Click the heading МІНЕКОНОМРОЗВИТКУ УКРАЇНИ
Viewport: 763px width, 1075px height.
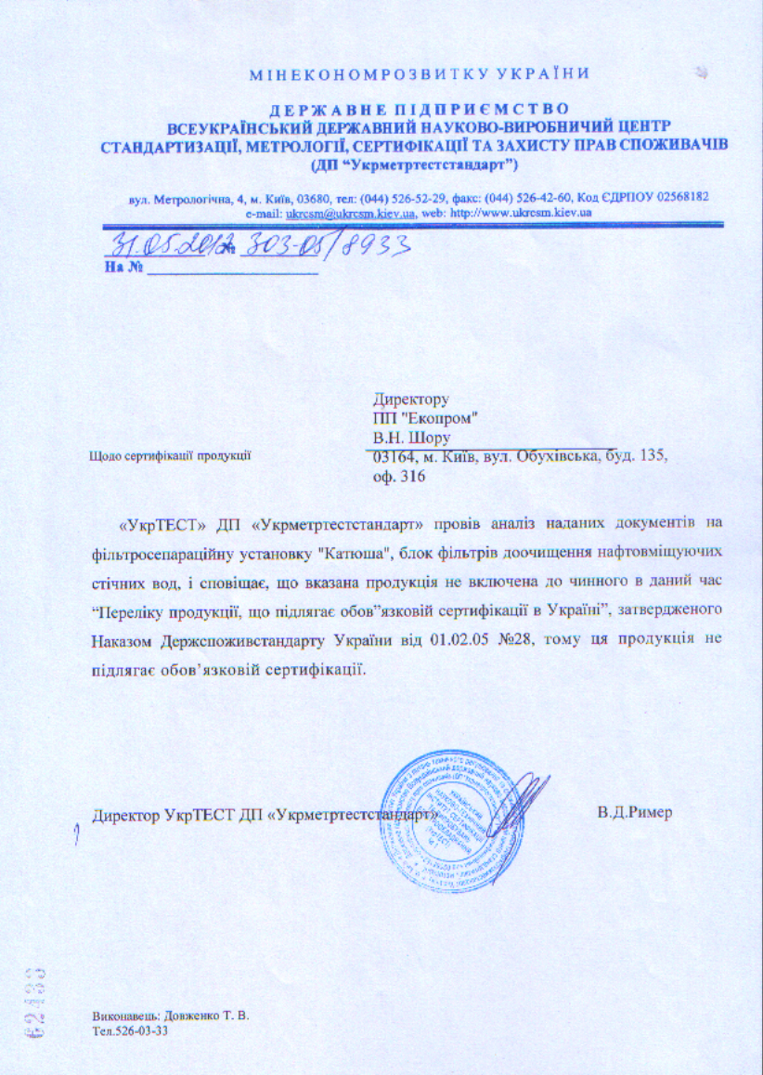coord(420,73)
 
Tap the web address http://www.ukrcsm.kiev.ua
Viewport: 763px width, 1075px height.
coord(521,213)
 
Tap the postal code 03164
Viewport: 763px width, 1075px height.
coord(393,457)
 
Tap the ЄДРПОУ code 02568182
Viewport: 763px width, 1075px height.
coord(679,197)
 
